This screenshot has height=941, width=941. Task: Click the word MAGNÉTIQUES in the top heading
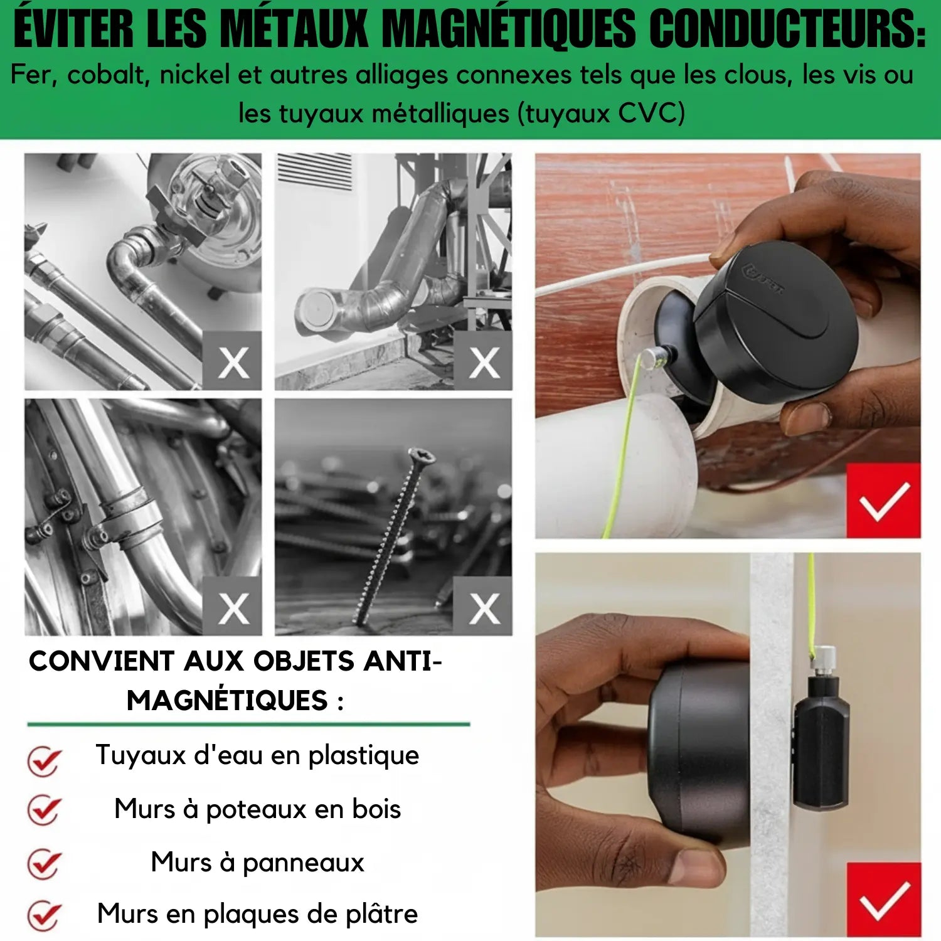pos(509,30)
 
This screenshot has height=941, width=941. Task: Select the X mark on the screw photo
pos(484,607)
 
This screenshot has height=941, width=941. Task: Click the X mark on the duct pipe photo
pos(484,362)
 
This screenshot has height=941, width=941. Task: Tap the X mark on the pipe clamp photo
pos(233,607)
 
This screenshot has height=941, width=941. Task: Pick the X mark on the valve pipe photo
pos(233,362)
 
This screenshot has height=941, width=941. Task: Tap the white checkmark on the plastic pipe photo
pos(883,501)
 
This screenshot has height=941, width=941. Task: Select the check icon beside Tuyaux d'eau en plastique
pos(44,760)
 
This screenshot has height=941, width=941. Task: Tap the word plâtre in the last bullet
pos(381,914)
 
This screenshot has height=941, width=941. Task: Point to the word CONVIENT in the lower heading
pos(102,662)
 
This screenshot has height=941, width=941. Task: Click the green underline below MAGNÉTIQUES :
pos(248,725)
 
